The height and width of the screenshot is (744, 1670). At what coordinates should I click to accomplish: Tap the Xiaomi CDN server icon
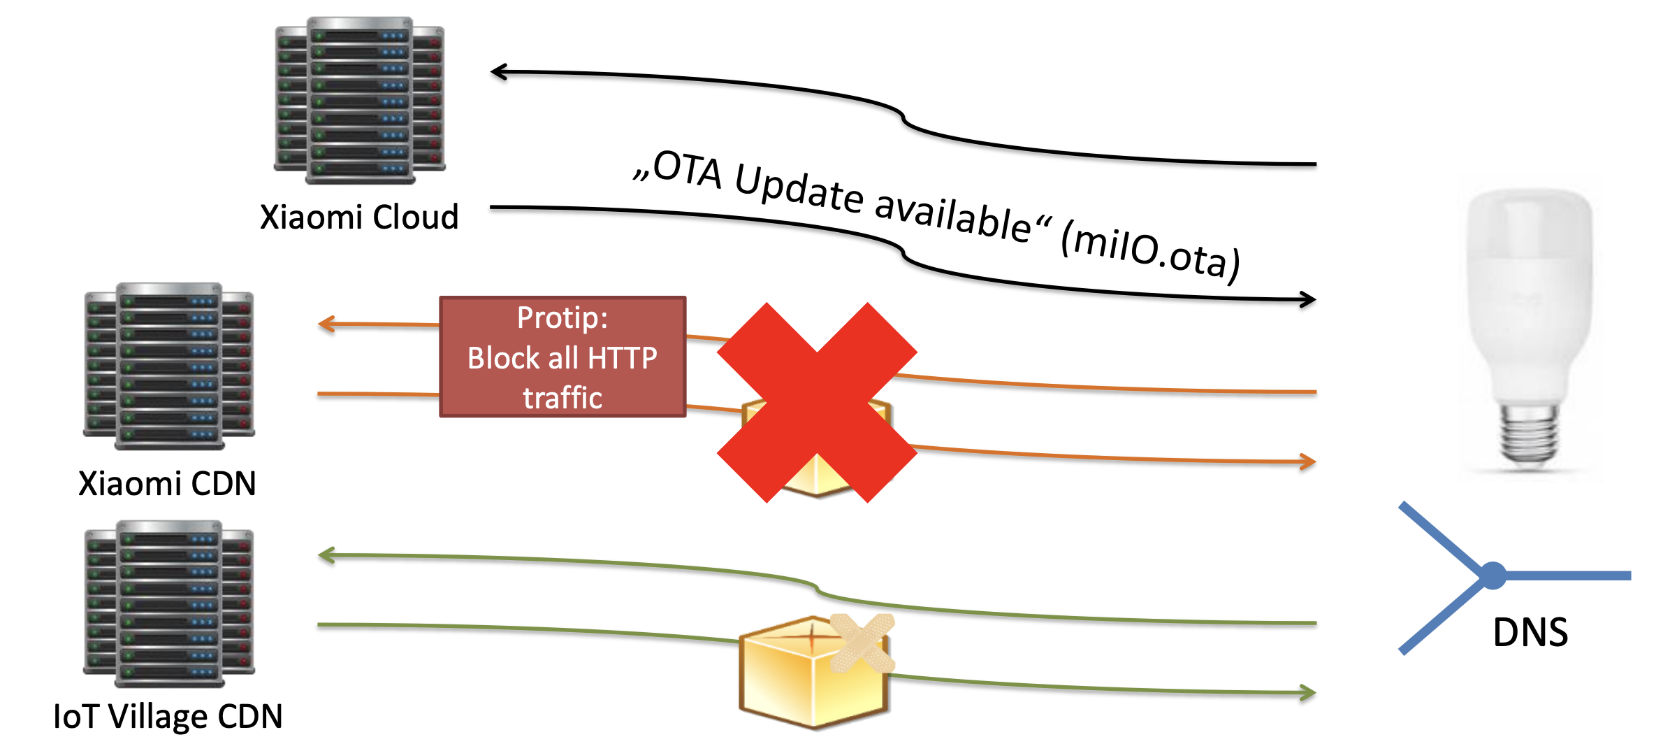(169, 366)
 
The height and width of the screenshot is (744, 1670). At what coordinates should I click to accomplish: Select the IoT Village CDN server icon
(169, 603)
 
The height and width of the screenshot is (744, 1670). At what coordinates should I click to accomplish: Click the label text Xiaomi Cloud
(359, 217)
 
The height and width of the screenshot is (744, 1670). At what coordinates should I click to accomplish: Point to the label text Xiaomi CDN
(167, 483)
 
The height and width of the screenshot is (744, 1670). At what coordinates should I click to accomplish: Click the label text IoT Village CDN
(168, 716)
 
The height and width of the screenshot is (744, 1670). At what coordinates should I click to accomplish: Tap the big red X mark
(817, 402)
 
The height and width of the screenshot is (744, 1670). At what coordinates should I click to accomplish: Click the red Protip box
(562, 357)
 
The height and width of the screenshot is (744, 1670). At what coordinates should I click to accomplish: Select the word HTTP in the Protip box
(622, 358)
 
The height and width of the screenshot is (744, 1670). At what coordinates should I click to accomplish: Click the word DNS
(1530, 632)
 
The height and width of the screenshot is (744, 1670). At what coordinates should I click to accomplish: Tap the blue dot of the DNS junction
(1493, 575)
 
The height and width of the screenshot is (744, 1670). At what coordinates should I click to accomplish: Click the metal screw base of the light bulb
(1529, 434)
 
